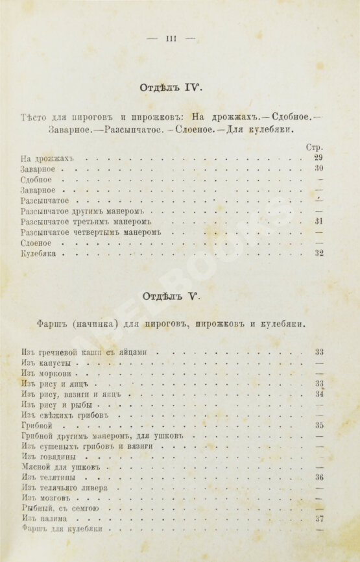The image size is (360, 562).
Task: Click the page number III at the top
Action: (x=171, y=38)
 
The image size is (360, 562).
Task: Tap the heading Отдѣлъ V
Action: (x=172, y=297)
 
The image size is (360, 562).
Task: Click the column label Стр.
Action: (x=314, y=147)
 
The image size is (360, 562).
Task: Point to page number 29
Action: (x=318, y=158)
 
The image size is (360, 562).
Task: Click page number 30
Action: (x=318, y=168)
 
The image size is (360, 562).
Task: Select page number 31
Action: (x=318, y=221)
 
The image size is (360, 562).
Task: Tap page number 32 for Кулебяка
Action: (x=318, y=253)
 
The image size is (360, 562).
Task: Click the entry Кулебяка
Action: (x=40, y=254)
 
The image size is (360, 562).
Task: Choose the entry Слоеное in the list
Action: (x=36, y=243)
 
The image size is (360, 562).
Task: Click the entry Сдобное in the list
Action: (x=36, y=179)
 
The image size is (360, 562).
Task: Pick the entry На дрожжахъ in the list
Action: (x=49, y=158)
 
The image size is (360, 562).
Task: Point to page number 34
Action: (x=318, y=394)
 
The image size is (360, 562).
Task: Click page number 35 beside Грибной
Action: (x=318, y=426)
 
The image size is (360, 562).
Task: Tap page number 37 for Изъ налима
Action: (x=318, y=519)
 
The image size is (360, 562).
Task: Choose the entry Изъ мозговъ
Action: (x=45, y=498)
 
